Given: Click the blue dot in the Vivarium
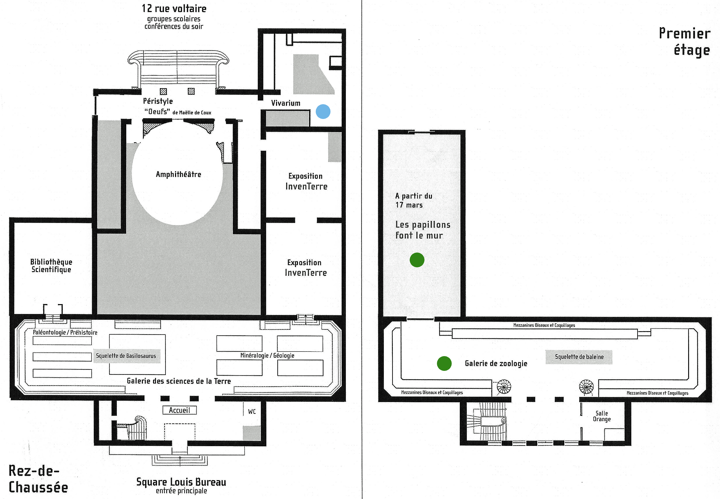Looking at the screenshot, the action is click(323, 112).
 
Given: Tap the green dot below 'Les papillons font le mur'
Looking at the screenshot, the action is click(417, 260).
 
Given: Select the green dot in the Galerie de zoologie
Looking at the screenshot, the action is click(444, 363).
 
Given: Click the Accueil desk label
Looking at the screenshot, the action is click(180, 410).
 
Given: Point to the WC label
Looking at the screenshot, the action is click(252, 411).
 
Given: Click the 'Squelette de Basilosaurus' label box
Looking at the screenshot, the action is click(127, 356).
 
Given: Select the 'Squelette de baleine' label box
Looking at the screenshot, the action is click(579, 357).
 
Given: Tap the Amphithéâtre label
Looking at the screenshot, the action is click(178, 174).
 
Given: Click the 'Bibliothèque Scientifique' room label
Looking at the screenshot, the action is click(51, 266).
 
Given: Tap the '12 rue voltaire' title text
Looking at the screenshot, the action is click(174, 8).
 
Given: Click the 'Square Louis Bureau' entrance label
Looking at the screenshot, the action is click(181, 482).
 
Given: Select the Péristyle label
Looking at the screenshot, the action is click(158, 101).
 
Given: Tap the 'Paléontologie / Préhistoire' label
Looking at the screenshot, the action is click(65, 332).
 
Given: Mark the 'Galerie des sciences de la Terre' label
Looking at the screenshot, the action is click(179, 381).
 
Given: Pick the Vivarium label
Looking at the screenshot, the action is click(285, 103).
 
